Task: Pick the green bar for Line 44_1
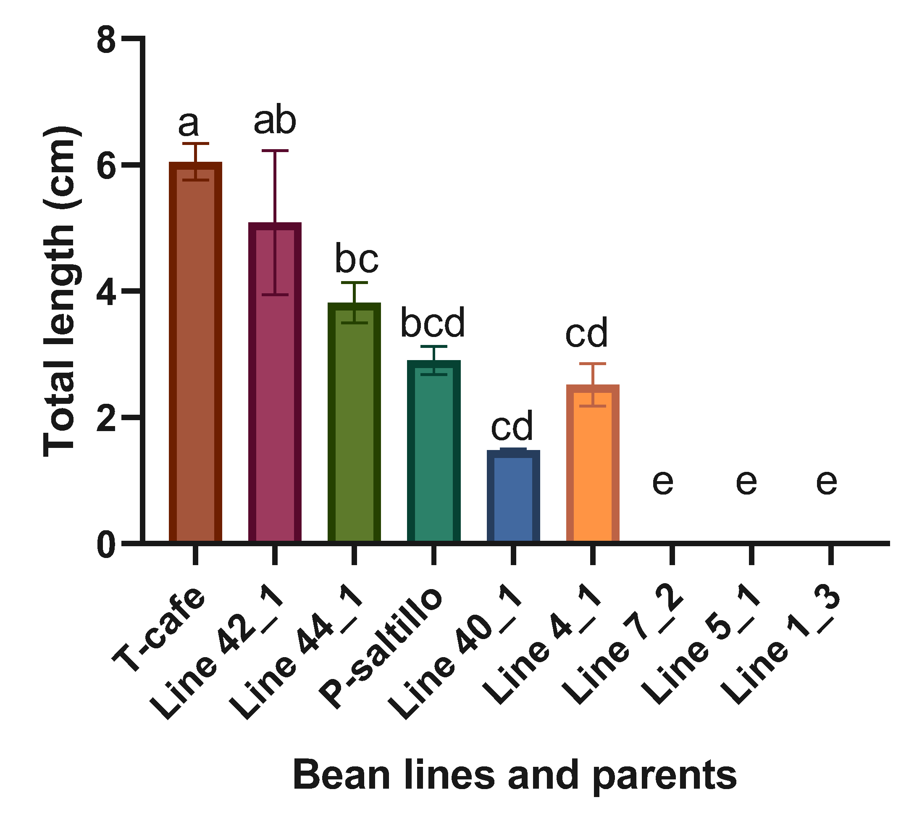[354, 424]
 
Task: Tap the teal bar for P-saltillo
[433, 451]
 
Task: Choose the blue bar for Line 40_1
[513, 497]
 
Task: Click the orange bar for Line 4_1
[592, 465]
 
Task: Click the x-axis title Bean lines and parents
[515, 775]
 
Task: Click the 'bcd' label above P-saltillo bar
[433, 323]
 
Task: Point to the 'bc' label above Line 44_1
[357, 259]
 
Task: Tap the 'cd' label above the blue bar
[512, 426]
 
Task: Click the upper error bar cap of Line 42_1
[275, 150]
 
